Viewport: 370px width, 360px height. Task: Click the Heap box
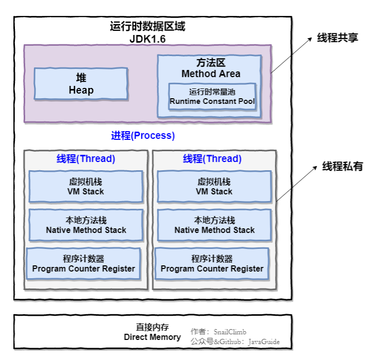(81, 84)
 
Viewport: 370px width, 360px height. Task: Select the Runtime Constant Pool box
(212, 97)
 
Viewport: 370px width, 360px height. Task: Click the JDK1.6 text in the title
(147, 39)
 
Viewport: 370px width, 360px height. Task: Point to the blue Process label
(143, 136)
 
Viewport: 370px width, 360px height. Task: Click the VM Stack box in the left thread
(86, 186)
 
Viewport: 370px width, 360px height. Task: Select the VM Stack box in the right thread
(214, 186)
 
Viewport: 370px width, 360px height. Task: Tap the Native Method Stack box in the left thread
(86, 225)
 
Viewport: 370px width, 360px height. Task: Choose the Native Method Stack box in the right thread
(214, 225)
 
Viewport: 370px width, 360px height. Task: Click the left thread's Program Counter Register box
(83, 263)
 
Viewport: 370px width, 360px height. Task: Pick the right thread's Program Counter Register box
(212, 263)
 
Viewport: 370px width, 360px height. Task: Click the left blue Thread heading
(86, 159)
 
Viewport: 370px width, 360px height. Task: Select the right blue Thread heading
(212, 159)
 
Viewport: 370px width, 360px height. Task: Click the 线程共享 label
(337, 38)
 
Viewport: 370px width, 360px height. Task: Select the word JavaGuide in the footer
(264, 341)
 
